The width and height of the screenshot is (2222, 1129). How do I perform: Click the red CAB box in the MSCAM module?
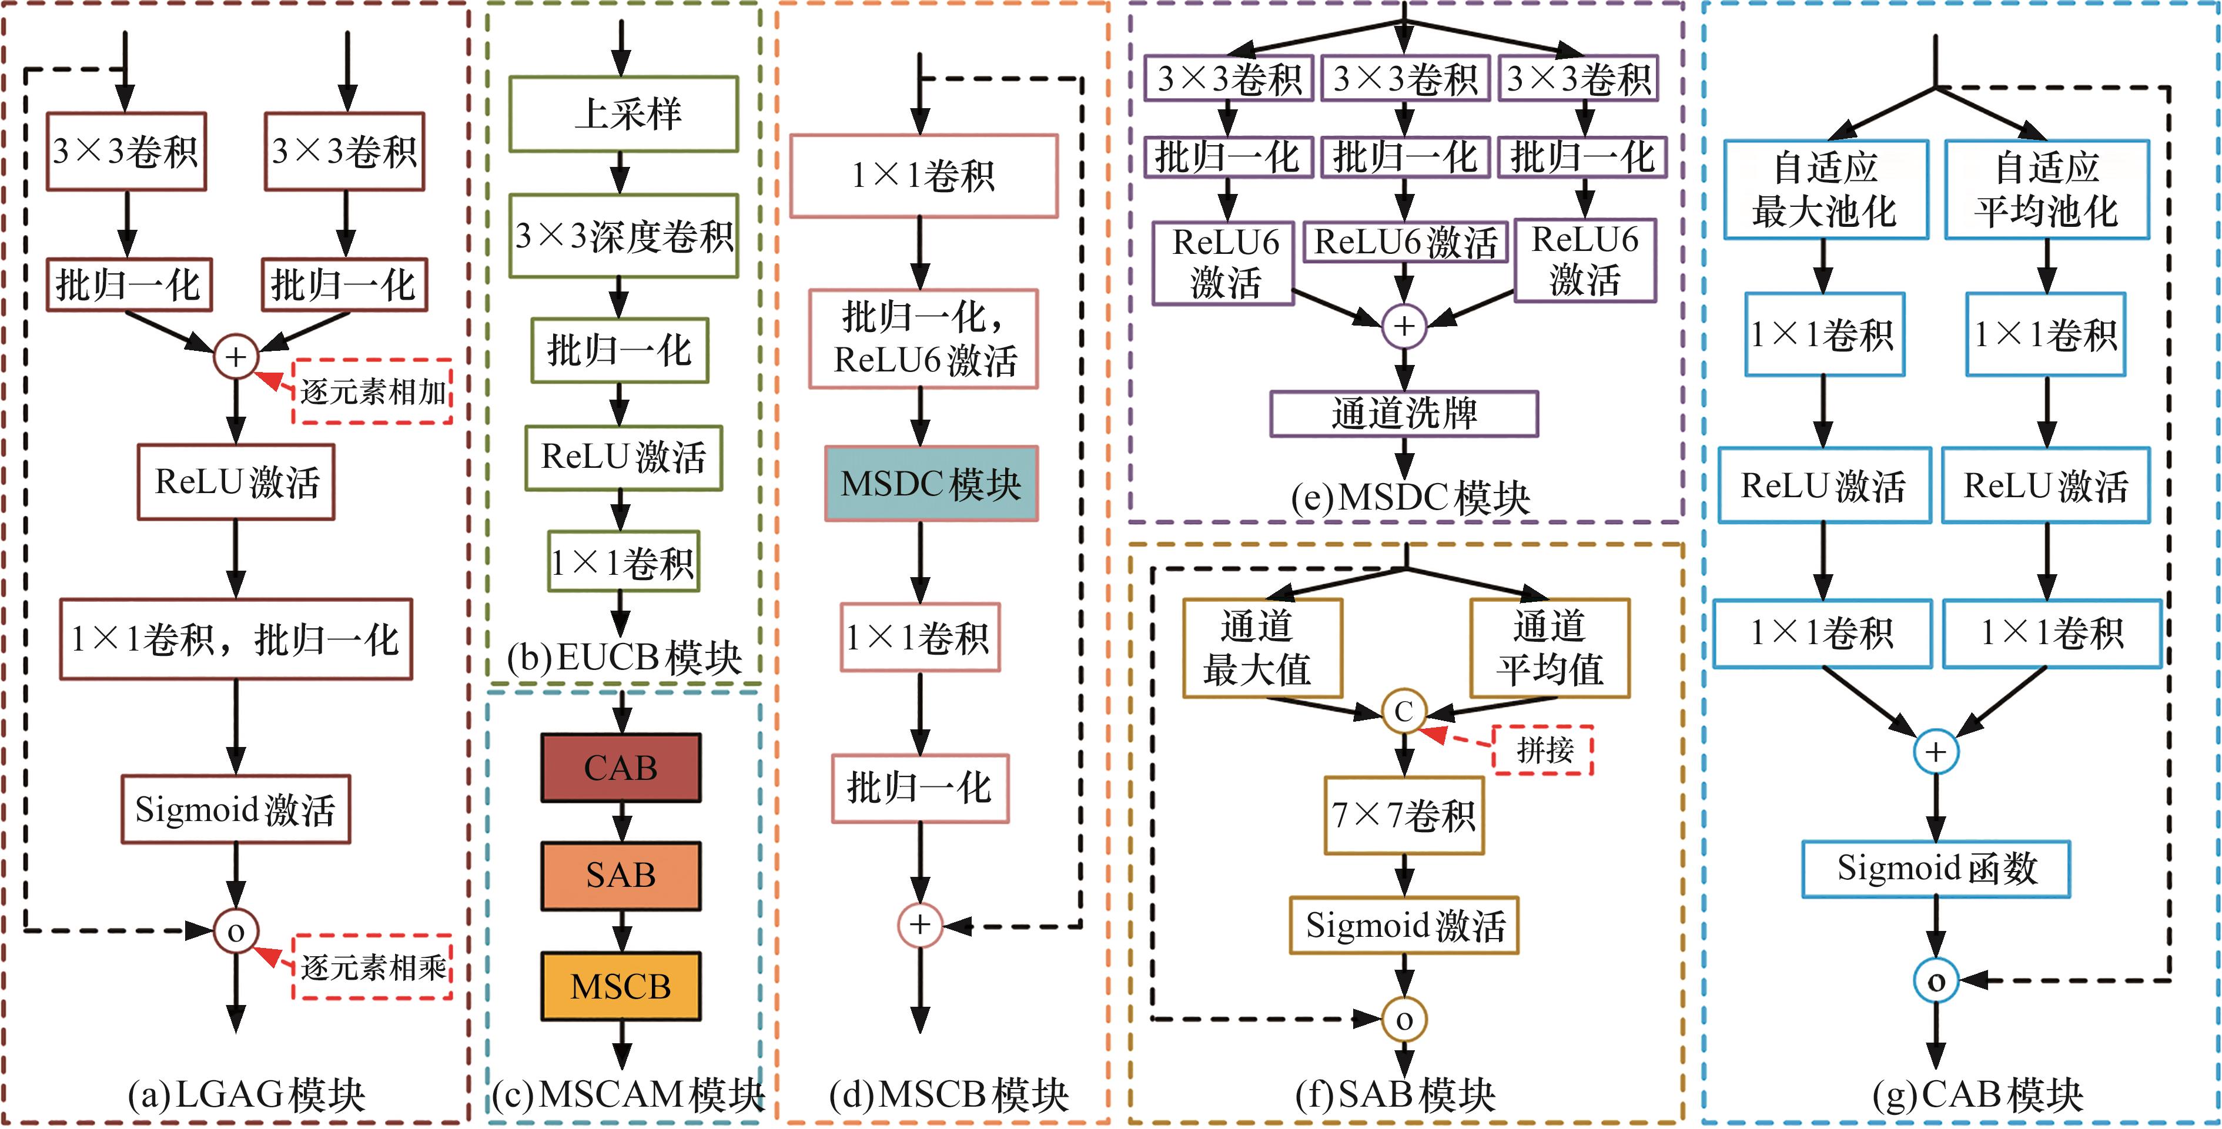pyautogui.click(x=620, y=768)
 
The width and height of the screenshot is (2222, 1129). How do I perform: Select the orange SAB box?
pyautogui.click(x=620, y=876)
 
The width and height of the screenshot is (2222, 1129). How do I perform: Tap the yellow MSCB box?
pyautogui.click(x=620, y=986)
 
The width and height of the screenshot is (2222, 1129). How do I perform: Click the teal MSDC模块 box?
pyautogui.click(x=931, y=484)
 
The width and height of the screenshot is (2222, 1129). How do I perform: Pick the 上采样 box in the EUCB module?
pyautogui.click(x=623, y=114)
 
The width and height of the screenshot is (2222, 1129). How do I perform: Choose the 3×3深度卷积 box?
pyautogui.click(x=623, y=236)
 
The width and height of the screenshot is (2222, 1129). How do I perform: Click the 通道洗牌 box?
pyautogui.click(x=1403, y=414)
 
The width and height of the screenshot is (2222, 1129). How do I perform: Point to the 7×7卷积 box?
pyautogui.click(x=1403, y=815)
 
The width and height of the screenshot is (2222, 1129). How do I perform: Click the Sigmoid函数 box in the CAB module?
pyautogui.click(x=1936, y=869)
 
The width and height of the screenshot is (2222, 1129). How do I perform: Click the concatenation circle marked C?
pyautogui.click(x=1403, y=712)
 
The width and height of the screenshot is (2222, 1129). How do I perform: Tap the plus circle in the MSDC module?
pyautogui.click(x=1403, y=326)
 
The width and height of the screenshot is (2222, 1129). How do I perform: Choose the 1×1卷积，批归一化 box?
pyautogui.click(x=236, y=639)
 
